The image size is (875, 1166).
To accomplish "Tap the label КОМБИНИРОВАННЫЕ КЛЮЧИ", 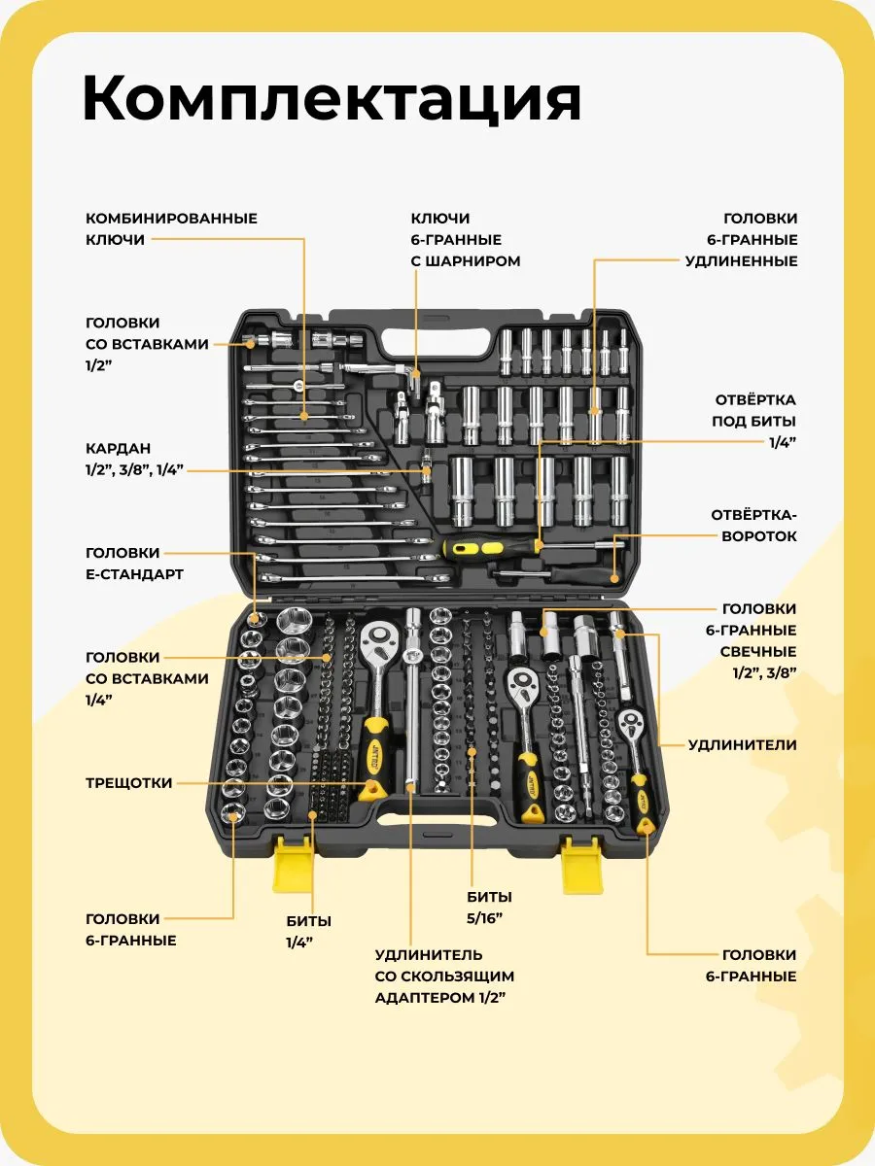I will tap(171, 228).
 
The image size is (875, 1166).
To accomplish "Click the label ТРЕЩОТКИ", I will tap(128, 783).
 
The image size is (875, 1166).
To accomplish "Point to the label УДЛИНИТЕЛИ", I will tap(742, 745).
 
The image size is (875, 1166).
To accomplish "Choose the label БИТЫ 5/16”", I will tap(488, 907).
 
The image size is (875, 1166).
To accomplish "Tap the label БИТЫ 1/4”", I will tap(308, 931).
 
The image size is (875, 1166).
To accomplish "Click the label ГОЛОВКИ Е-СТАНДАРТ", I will tap(134, 564).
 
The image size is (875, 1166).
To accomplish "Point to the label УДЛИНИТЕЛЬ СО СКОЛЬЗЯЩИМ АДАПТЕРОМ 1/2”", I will tap(444, 977).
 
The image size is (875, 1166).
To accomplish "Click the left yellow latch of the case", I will tap(293, 864).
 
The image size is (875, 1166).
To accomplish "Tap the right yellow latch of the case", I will tap(582, 865).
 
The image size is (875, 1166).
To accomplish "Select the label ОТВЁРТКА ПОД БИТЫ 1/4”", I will tap(754, 421).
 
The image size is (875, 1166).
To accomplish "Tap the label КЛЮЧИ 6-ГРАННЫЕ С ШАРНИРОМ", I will tap(465, 240).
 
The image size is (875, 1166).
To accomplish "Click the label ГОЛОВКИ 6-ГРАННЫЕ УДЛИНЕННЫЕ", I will tap(741, 240).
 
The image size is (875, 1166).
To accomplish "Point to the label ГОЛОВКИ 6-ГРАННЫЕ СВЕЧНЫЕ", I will tap(751, 640).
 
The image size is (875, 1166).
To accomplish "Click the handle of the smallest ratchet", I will tap(644, 797).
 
